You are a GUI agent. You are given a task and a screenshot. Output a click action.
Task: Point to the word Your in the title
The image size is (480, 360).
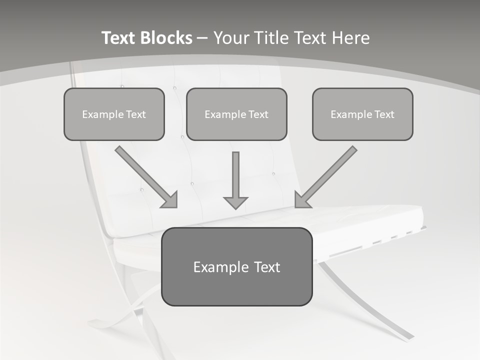tap(231, 38)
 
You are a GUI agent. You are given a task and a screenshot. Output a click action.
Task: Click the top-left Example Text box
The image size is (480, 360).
tap(114, 114)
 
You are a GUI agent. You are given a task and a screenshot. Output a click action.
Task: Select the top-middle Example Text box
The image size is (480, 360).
tap(236, 114)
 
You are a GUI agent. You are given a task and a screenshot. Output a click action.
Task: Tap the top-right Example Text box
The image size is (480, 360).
tap(362, 114)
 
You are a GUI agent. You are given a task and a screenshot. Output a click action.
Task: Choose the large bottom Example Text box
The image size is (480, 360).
tap(236, 266)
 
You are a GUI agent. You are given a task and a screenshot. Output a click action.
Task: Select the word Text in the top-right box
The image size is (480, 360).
tap(383, 114)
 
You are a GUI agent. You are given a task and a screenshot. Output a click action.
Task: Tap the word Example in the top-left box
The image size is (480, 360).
tap(103, 114)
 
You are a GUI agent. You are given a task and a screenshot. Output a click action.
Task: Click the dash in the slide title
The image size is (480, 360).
tap(203, 38)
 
